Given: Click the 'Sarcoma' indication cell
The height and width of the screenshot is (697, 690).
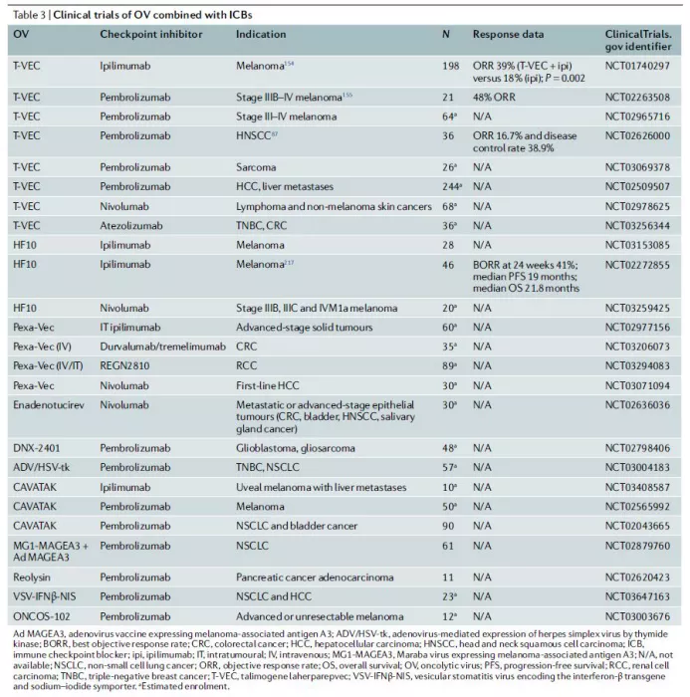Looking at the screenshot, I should coord(256,166).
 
